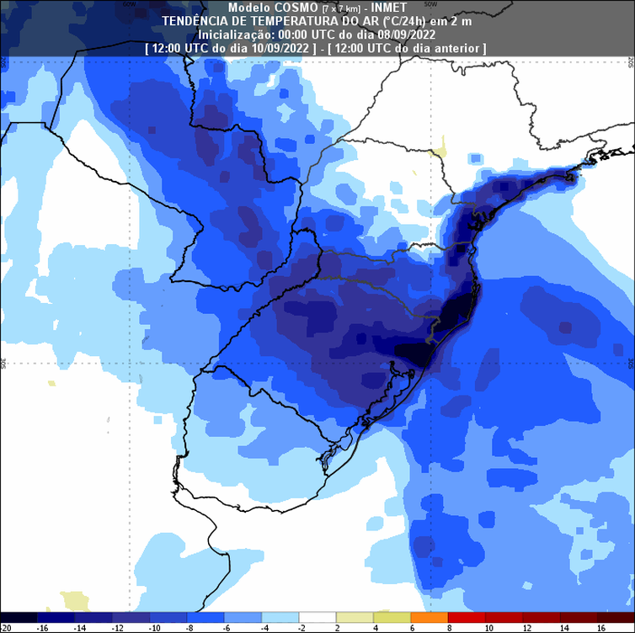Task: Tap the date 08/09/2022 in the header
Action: pyautogui.click(x=407, y=35)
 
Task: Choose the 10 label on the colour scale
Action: pyautogui.click(x=488, y=628)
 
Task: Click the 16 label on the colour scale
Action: pyautogui.click(x=601, y=628)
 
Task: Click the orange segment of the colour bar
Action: pyautogui.click(x=430, y=617)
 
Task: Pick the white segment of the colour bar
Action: pyautogui.click(x=317, y=617)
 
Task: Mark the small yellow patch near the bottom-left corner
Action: pyautogui.click(x=74, y=600)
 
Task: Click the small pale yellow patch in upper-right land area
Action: pyautogui.click(x=437, y=153)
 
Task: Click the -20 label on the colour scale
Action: pyautogui.click(x=7, y=628)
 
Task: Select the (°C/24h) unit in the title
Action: pyautogui.click(x=406, y=21)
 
